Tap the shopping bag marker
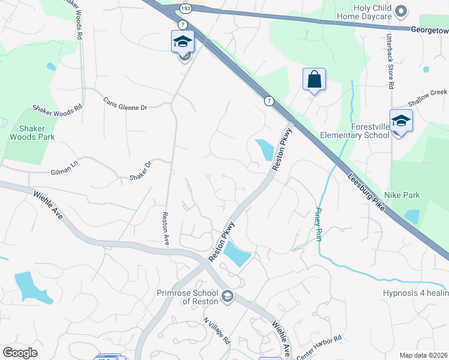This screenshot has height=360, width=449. (x=314, y=79)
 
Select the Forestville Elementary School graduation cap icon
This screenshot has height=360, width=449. (x=401, y=121)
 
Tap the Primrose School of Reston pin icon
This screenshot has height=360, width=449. (x=228, y=295)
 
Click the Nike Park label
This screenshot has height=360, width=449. (x=403, y=195)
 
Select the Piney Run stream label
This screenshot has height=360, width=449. (x=319, y=225)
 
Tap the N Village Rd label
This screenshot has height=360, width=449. (x=217, y=331)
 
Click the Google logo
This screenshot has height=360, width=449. (x=20, y=352)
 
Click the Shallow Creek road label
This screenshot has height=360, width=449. (x=428, y=92)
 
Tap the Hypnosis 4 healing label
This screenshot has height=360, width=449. (x=415, y=293)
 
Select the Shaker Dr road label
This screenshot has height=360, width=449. (x=140, y=171)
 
